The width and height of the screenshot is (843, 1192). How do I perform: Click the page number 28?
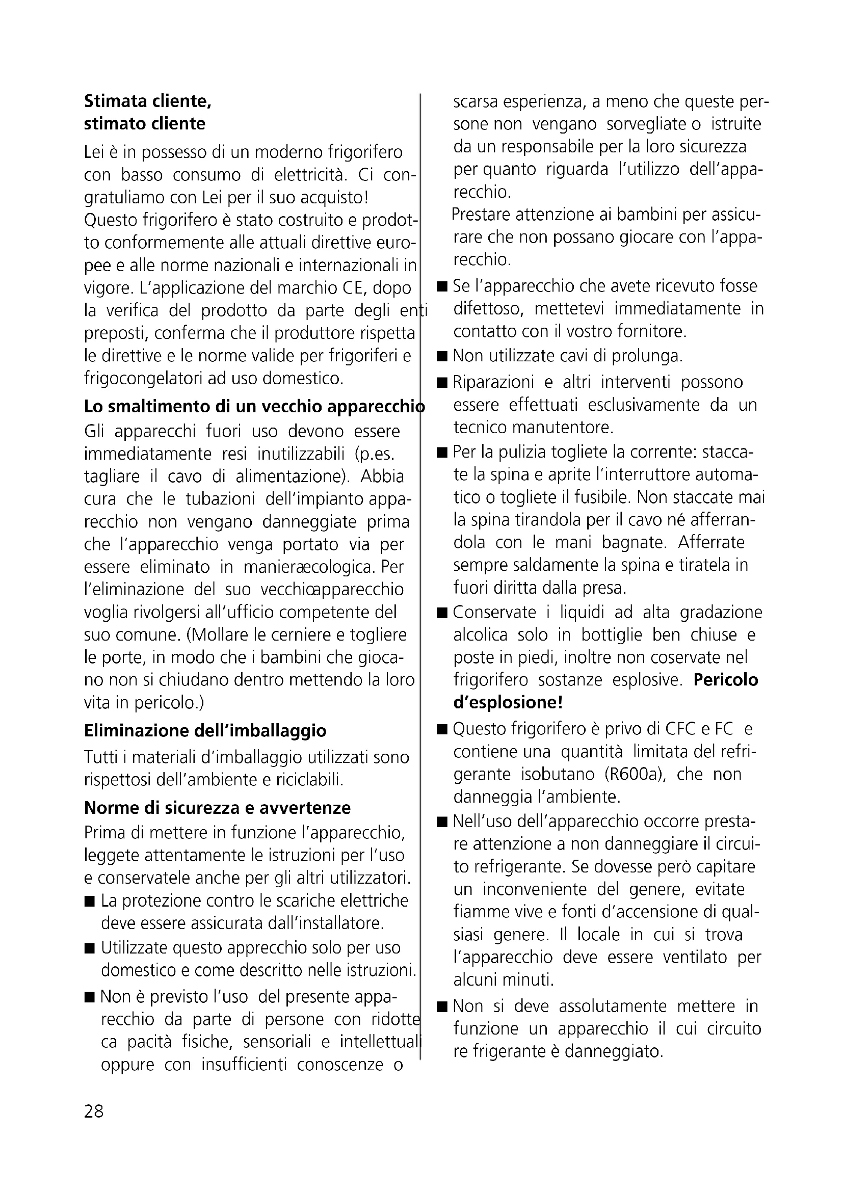pos(94,1111)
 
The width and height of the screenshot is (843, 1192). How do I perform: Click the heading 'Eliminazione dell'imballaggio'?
pos(205,730)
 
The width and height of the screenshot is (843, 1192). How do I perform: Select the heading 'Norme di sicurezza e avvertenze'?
pos(217,808)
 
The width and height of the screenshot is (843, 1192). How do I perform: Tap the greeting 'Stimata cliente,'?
pos(147,101)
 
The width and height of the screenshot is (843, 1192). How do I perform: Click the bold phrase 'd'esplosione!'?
pos(508,702)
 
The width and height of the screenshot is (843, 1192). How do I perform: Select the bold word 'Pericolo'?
pos(726,680)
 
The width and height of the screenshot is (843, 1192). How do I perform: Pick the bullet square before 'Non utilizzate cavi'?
pos(442,357)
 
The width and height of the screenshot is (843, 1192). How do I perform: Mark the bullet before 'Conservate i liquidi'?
pos(442,613)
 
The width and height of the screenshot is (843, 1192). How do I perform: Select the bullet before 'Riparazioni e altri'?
pos(442,383)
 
